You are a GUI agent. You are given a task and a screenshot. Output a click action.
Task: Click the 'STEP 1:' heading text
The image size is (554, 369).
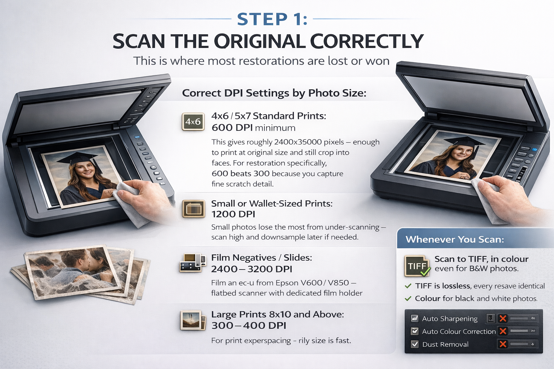272,19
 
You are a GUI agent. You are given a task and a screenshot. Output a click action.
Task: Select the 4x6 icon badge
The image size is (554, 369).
193,121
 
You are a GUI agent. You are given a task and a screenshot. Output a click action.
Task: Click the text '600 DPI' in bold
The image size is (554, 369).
232,128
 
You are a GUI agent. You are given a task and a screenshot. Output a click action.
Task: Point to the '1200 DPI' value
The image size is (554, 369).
233,214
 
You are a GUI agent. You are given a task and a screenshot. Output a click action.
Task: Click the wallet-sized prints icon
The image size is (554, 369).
193,209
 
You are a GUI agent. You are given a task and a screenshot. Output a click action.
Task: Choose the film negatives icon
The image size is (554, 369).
193,263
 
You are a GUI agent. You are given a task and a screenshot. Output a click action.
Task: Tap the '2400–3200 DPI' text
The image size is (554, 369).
251,269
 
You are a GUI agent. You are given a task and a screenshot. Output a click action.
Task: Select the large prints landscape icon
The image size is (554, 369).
193,320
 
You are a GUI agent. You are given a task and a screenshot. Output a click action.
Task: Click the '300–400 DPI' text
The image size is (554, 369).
249,325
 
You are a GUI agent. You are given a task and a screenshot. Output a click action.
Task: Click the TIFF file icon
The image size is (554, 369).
417,266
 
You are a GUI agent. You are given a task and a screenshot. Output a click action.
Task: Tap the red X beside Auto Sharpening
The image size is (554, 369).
502,318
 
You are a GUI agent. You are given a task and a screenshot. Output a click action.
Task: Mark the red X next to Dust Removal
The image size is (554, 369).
502,344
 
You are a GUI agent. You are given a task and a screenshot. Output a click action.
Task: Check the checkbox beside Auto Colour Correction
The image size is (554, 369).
414,331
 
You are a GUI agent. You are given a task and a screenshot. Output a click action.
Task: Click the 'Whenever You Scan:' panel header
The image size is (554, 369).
454,239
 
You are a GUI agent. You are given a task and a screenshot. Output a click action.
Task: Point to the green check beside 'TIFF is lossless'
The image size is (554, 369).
408,286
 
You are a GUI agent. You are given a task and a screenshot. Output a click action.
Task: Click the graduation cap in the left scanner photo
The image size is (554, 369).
79,159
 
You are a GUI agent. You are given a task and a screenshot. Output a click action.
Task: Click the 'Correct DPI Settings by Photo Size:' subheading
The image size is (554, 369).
274,93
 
